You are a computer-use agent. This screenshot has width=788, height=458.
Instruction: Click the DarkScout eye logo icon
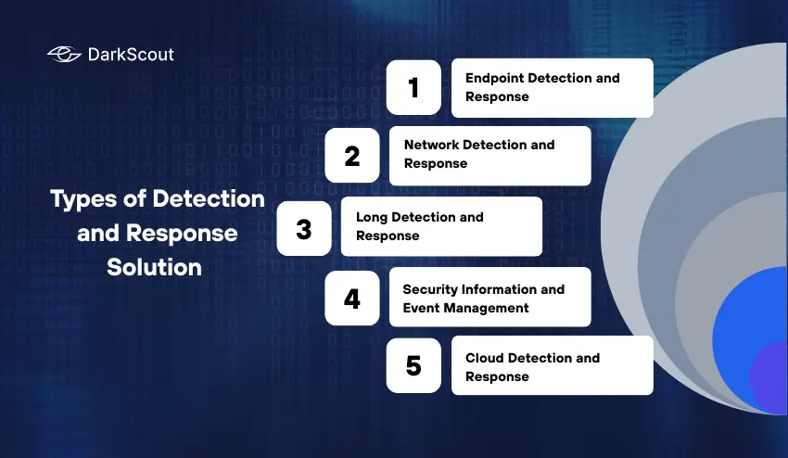pyautogui.click(x=64, y=55)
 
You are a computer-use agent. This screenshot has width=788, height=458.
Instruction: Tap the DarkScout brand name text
pyautogui.click(x=131, y=55)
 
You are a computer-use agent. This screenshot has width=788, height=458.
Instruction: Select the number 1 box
pyautogui.click(x=413, y=88)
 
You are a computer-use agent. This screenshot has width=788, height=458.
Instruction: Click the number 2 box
pyautogui.click(x=352, y=155)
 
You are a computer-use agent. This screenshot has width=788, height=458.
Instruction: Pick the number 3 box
pyautogui.click(x=304, y=227)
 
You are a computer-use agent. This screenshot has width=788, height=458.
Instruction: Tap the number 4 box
pyautogui.click(x=352, y=299)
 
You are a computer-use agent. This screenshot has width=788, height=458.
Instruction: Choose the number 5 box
pyautogui.click(x=413, y=366)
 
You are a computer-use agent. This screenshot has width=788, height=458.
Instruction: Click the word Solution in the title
pyautogui.click(x=154, y=267)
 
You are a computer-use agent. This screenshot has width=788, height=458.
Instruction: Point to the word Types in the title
pyautogui.click(x=75, y=198)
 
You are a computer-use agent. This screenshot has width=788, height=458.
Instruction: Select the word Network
pyautogui.click(x=431, y=145)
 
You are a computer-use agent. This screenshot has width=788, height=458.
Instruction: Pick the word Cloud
pyautogui.click(x=485, y=358)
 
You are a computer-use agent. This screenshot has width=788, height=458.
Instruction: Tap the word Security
pyautogui.click(x=430, y=289)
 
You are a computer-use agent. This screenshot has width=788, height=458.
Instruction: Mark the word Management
pyautogui.click(x=486, y=308)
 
